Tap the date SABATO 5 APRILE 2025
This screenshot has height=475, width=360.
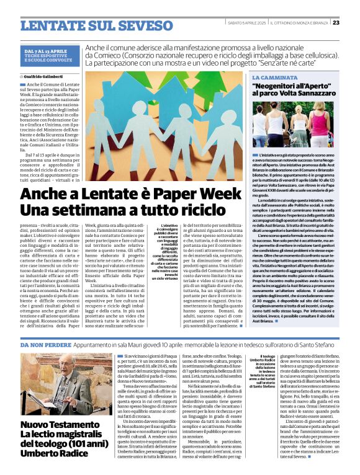point(246,23)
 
